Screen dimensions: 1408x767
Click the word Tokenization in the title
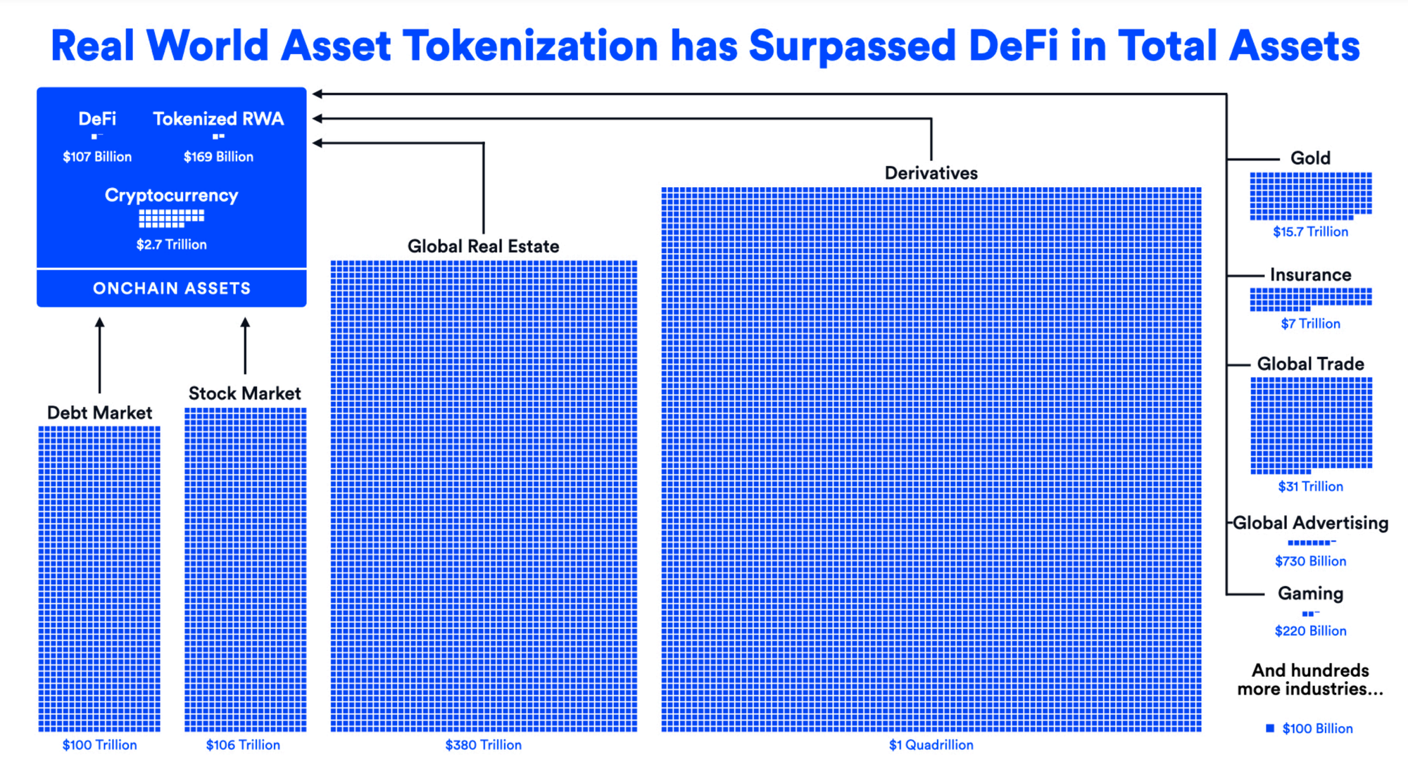[x=530, y=46]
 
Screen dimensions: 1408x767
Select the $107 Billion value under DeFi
[x=97, y=157]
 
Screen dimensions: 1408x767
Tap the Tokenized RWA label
[x=218, y=119]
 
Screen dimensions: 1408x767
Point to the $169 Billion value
[x=218, y=157]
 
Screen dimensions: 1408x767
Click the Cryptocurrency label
[x=171, y=196]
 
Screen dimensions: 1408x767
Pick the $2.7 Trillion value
[x=172, y=245]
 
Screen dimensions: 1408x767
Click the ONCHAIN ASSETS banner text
[x=172, y=289]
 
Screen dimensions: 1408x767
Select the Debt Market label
[x=99, y=412]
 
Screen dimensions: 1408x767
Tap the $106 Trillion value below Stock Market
[x=243, y=744]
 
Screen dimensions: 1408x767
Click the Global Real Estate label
[x=483, y=246]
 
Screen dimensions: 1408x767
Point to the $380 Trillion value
[x=484, y=744]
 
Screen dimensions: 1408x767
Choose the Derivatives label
[x=931, y=173]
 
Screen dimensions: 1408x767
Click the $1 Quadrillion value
[x=931, y=744]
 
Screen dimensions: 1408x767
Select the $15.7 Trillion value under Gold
[x=1310, y=232]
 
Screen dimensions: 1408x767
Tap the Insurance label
[x=1310, y=274]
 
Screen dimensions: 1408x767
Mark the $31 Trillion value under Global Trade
[x=1310, y=486]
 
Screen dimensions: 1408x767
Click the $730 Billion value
[x=1310, y=561]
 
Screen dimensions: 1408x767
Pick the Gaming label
[x=1310, y=594]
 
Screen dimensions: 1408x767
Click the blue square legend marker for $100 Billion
[x=1270, y=728]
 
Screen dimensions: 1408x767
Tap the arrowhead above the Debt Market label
[x=100, y=322]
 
